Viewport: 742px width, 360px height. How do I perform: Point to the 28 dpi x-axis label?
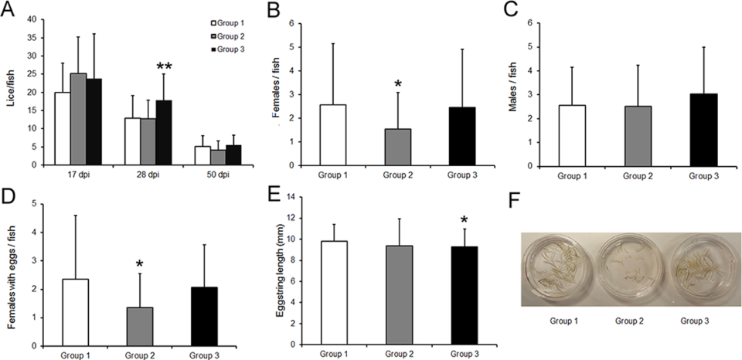148,176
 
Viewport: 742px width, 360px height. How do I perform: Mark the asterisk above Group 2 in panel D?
139,265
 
